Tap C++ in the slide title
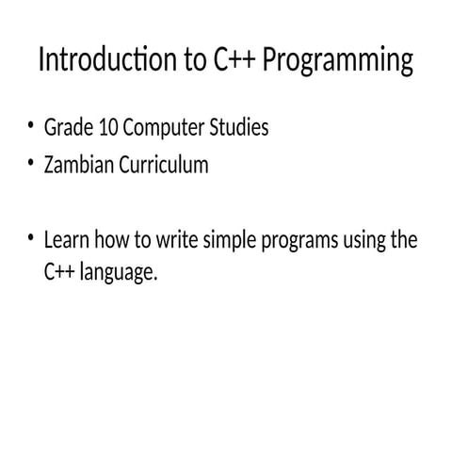point(231,61)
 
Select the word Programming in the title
point(336,63)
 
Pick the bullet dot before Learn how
point(30,237)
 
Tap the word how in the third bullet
point(112,240)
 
